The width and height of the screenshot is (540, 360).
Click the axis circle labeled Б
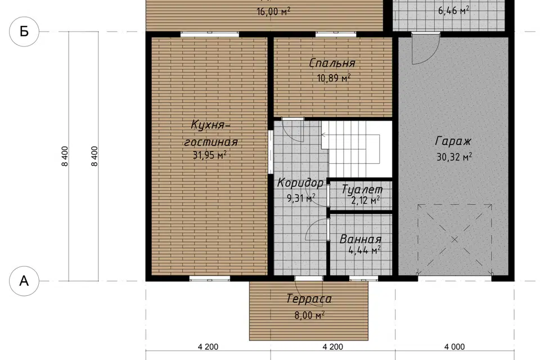(24, 31)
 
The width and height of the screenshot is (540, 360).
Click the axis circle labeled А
(24, 281)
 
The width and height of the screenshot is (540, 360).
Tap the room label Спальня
(332, 63)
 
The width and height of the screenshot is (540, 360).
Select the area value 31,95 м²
(209, 155)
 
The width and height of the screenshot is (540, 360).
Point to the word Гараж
(453, 141)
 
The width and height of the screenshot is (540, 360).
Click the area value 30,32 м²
(454, 157)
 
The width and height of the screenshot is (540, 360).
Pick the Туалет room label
(362, 189)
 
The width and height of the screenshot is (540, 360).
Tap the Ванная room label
(361, 239)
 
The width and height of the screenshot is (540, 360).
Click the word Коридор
(300, 183)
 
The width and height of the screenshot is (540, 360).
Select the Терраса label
(309, 298)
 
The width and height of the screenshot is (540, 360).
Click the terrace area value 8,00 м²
(309, 315)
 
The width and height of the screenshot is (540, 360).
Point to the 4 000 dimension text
(454, 347)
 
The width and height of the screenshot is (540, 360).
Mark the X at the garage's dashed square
(454, 240)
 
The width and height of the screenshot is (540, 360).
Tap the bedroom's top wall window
(336, 34)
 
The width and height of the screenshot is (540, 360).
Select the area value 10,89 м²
(334, 78)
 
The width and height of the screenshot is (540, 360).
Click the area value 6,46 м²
(453, 11)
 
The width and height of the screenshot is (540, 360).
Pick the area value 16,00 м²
(273, 11)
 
